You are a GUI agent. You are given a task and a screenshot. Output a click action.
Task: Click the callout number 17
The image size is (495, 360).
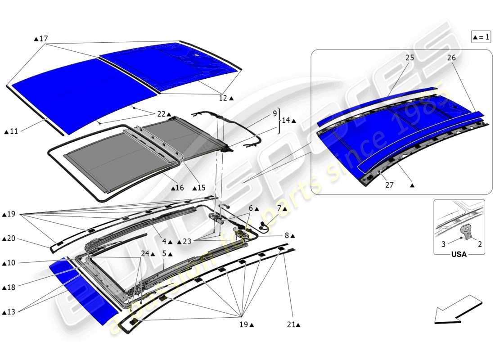pos(44,39)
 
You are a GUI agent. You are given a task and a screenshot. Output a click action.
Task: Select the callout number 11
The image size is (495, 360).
pos(13,131)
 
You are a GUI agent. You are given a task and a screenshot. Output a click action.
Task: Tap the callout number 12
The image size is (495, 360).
pos(223,98)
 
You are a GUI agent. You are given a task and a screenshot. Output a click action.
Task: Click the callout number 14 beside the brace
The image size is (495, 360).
pos(286,121)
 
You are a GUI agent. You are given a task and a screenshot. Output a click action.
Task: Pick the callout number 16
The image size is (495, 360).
pos(180,188)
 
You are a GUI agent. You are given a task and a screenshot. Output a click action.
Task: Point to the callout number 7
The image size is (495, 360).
pos(279,209)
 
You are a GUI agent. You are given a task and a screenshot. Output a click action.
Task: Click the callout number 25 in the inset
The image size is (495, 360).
pos(409,58)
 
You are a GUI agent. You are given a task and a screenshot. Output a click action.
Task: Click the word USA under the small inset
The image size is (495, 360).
pos(459,254)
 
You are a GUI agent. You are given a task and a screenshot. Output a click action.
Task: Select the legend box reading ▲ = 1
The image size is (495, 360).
pos(481,37)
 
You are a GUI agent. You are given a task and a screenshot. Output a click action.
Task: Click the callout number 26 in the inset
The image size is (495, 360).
pos(451,58)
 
